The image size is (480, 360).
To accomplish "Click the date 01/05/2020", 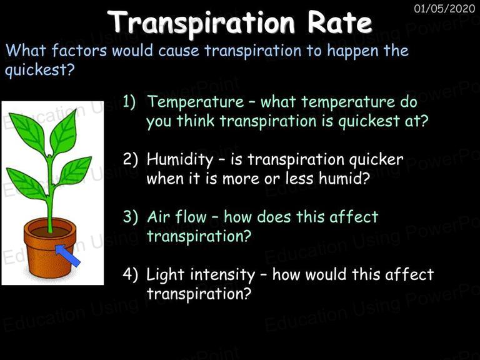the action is pos(444,8).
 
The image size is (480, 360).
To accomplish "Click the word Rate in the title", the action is pos(339,22).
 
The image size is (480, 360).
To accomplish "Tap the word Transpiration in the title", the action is pos(201,24).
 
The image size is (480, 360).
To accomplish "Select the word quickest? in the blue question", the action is pos(40,70).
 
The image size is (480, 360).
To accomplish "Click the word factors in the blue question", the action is pos(79,50).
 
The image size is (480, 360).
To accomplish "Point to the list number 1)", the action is pos(129,101).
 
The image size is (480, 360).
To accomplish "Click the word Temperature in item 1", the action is pos(196,102).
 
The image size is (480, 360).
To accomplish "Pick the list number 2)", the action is pos(130,159).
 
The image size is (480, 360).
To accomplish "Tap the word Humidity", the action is pos(180,160).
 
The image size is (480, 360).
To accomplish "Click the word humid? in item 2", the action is pos(344,178).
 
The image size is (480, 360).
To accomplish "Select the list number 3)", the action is pos(130,216).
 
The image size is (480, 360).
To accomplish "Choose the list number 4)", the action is pos(130,274).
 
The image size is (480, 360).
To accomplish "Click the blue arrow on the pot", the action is pos(67,255).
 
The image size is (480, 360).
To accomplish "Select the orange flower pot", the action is pos(50,248).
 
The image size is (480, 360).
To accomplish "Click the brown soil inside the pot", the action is pos(50,232).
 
